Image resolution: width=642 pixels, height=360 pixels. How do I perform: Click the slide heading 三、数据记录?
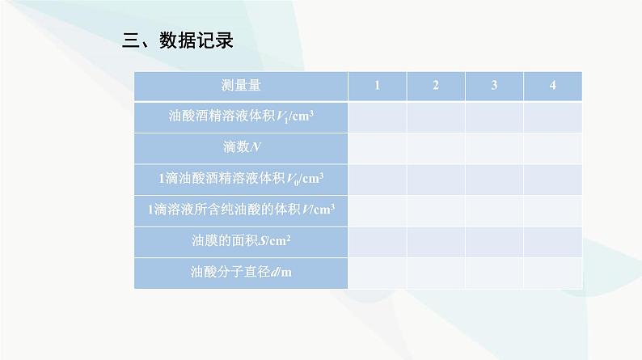click(178, 40)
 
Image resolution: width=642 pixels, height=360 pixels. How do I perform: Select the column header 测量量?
click(241, 86)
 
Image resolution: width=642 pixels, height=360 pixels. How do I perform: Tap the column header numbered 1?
click(377, 85)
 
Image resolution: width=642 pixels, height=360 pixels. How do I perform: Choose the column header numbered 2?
click(436, 85)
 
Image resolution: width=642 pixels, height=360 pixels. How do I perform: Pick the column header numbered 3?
click(494, 85)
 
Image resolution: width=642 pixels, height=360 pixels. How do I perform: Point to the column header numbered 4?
click(553, 85)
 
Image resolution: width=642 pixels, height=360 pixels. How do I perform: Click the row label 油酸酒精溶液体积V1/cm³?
click(241, 116)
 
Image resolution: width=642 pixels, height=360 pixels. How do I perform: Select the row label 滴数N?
click(242, 147)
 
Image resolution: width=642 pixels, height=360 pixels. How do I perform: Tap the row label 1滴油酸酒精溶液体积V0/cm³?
click(241, 179)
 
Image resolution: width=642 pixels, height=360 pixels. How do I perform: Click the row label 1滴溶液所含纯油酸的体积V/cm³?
click(241, 210)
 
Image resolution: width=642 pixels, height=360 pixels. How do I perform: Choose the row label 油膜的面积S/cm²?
click(241, 240)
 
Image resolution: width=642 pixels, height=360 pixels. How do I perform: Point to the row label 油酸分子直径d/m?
click(241, 272)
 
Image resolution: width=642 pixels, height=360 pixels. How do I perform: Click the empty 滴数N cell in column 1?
click(378, 148)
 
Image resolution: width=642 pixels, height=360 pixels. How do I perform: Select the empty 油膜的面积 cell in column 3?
click(494, 242)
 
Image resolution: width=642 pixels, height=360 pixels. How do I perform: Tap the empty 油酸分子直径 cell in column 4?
click(553, 273)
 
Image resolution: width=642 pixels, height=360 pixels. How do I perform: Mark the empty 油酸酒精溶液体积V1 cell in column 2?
click(436, 117)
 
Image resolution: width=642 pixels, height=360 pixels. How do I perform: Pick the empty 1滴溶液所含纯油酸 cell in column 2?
click(436, 211)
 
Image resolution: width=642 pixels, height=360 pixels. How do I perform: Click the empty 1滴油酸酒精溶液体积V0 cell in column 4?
click(553, 180)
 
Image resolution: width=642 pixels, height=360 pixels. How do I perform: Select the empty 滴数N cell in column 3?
click(494, 148)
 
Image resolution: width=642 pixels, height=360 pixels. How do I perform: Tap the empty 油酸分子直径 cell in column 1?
click(378, 273)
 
